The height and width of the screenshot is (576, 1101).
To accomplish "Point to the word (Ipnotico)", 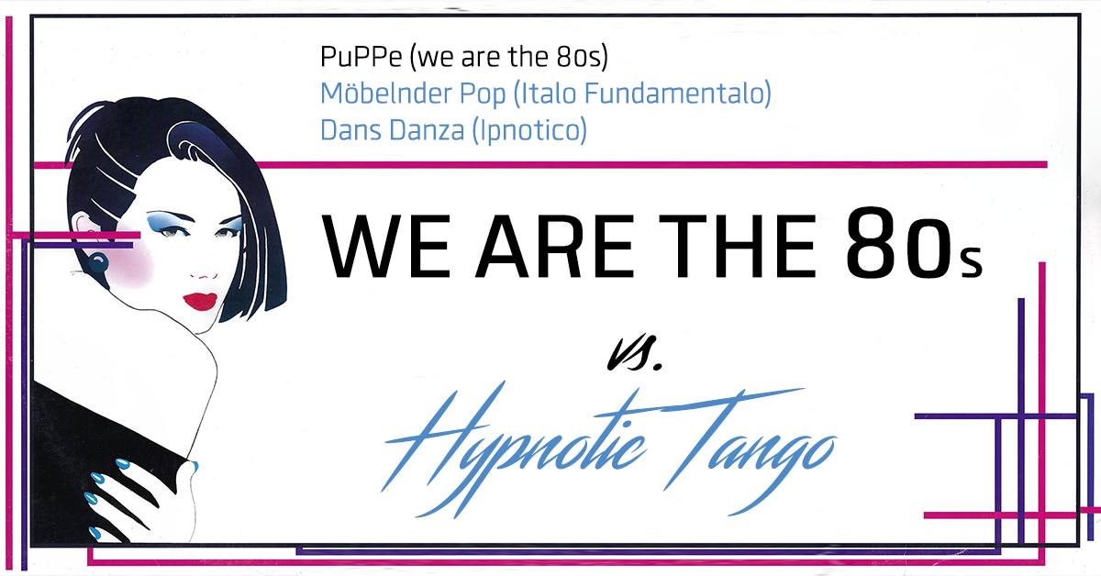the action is (x=529, y=131).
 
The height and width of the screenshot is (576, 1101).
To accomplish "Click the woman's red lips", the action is (x=200, y=301).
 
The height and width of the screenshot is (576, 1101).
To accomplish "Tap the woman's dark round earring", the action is (x=98, y=262).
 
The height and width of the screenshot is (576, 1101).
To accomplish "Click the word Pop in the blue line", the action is (x=483, y=94).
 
